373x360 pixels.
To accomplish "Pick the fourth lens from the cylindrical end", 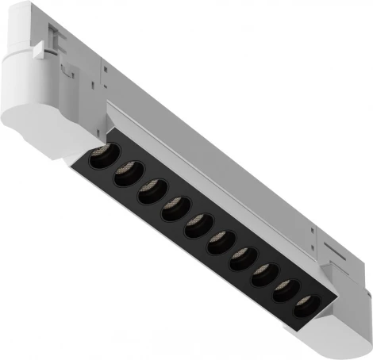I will (x=173, y=210).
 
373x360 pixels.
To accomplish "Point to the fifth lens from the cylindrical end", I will (x=197, y=228).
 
